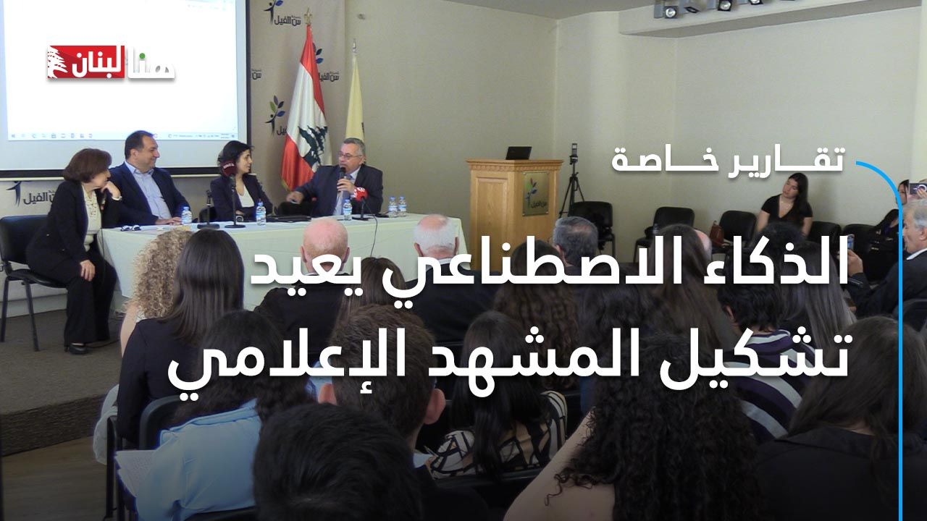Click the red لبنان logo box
pos(86,62)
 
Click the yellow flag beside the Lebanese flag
pos(355,99)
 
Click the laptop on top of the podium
pos(518,153)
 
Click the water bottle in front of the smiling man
pos(186,215)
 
